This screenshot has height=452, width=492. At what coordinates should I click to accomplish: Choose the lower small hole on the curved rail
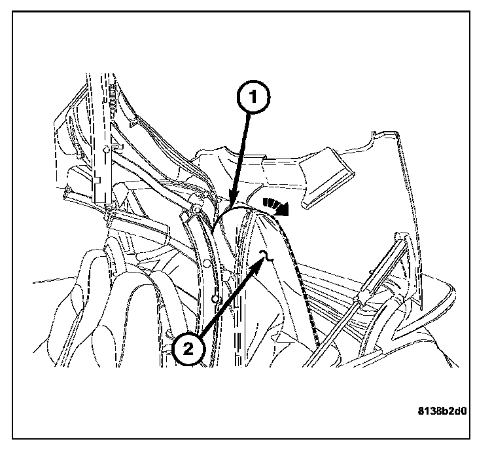click(x=216, y=300)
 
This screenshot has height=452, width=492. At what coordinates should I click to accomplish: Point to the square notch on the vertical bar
click(x=95, y=176)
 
